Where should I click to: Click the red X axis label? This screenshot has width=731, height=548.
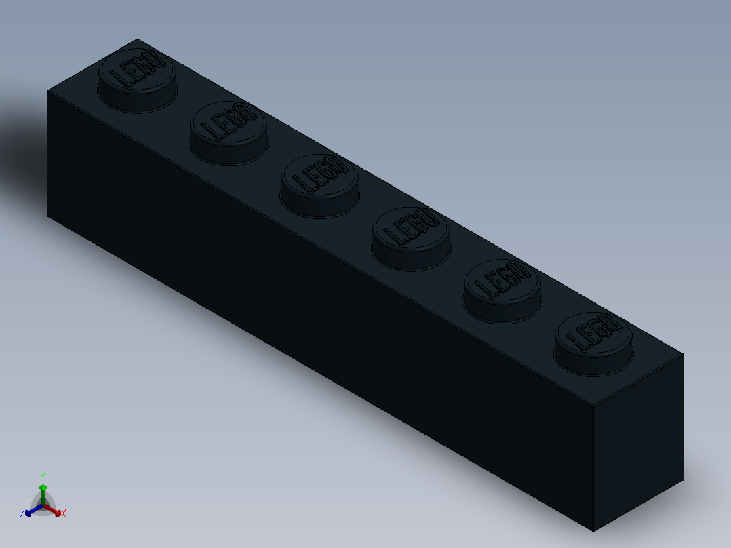[x=64, y=514]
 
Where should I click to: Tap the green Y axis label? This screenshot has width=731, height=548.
[x=42, y=477]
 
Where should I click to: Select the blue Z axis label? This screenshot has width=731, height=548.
[x=22, y=513]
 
